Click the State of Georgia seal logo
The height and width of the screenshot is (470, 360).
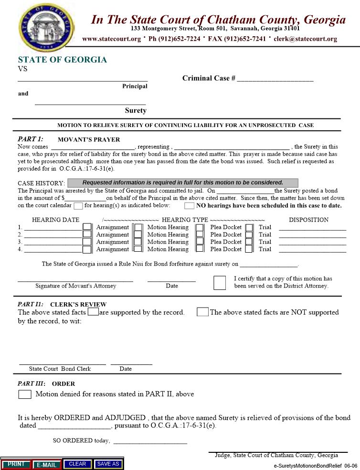pyautogui.click(x=45, y=24)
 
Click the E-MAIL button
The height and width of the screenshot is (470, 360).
pyautogui.click(x=47, y=464)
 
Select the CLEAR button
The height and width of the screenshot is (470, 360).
pyautogui.click(x=77, y=464)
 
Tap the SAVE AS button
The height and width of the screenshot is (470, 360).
pyautogui.click(x=108, y=464)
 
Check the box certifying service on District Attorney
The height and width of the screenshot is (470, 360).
pyautogui.click(x=220, y=283)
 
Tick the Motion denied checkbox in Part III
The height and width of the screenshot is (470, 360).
pyautogui.click(x=25, y=395)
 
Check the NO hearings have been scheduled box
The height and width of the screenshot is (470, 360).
pyautogui.click(x=189, y=206)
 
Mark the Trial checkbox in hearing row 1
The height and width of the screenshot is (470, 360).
pyautogui.click(x=249, y=227)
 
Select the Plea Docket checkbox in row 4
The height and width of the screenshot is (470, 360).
pyautogui.click(x=200, y=249)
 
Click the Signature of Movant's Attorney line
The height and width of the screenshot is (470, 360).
pyautogui.click(x=75, y=280)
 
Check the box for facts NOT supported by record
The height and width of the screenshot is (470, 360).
pyautogui.click(x=202, y=312)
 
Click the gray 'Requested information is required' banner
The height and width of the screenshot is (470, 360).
pyautogui.click(x=183, y=182)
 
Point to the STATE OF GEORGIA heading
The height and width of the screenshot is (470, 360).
pyautogui.click(x=63, y=60)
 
